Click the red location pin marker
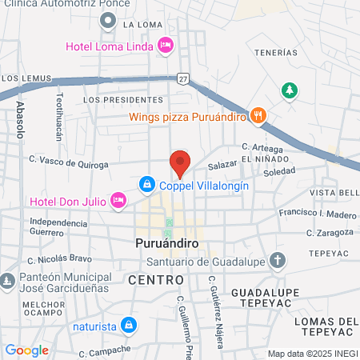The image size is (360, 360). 180,162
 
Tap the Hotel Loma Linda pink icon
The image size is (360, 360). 166,44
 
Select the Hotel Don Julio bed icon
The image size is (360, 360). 118,199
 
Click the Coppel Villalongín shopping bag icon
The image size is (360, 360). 147,185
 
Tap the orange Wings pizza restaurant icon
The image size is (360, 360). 257,114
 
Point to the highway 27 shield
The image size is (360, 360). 183,78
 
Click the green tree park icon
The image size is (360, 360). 289,91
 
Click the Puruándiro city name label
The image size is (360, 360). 166,242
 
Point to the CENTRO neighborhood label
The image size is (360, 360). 155,280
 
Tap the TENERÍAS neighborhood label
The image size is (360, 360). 270,53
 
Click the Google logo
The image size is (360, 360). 26,350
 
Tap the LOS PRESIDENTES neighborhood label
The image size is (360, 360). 122,100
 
